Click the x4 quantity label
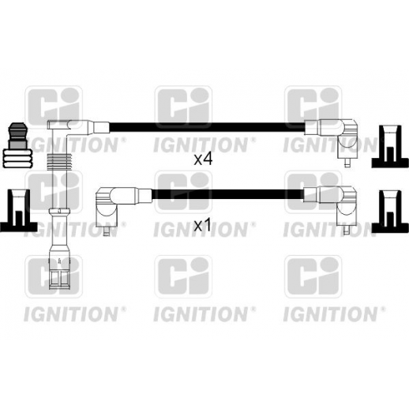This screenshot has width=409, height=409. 203,159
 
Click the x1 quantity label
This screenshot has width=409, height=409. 202,226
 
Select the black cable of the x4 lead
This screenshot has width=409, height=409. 207,127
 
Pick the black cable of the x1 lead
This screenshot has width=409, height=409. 227,193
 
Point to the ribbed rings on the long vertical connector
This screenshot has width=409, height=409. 59,162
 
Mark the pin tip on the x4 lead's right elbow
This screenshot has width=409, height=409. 347,164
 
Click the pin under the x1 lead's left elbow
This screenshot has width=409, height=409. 107,232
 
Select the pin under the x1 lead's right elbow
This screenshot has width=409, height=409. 347,231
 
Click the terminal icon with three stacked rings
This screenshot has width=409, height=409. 17,145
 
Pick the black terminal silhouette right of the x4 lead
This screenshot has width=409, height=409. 390,147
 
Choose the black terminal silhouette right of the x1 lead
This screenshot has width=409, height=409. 390,212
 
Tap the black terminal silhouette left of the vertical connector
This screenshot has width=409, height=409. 18,210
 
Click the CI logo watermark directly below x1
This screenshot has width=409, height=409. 183,276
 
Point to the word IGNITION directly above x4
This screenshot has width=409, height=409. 200,145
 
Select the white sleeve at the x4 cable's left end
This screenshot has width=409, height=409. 101,127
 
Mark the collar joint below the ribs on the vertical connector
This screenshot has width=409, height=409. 59,211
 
